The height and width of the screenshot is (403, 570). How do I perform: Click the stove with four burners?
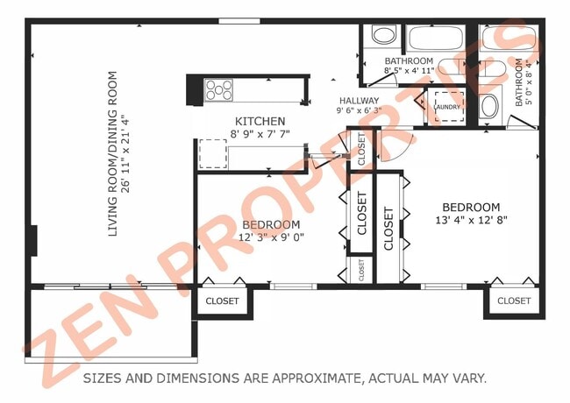[x=219, y=90]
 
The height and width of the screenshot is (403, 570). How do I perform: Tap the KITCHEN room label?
[x=260, y=121]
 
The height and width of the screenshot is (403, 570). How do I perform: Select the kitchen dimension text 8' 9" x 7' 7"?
[x=260, y=135]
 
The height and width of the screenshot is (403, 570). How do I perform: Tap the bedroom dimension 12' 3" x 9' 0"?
[x=271, y=237]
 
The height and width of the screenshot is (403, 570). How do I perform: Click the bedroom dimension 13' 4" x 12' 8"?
[x=470, y=221]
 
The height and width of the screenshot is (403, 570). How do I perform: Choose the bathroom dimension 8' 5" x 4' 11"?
[x=410, y=72]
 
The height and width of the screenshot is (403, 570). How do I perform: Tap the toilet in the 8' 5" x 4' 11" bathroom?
[x=383, y=36]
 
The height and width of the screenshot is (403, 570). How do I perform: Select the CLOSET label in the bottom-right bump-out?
[x=514, y=300]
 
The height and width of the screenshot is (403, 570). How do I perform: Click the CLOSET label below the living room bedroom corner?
[x=222, y=300]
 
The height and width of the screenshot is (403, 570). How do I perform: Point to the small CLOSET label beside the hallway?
[x=360, y=149]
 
